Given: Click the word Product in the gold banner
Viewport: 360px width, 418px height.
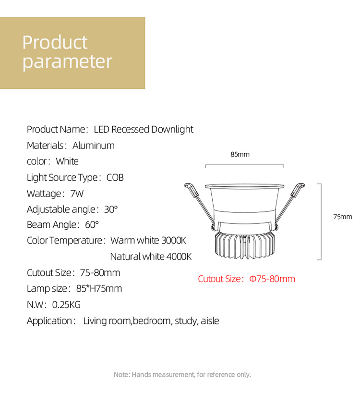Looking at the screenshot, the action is point(55,42).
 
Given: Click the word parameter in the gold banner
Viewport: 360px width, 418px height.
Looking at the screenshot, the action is point(67,62).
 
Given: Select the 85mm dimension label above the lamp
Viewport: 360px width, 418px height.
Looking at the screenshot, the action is point(240,154).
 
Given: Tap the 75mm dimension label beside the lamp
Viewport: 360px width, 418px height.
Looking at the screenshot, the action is point(343,217).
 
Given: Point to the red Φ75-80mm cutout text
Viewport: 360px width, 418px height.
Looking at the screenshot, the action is point(272,279).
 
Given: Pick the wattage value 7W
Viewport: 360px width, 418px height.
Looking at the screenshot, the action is point(77,194).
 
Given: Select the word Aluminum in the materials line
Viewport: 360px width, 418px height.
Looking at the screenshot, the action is point(94,146).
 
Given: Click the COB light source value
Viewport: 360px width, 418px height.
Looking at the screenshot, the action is point(115,178).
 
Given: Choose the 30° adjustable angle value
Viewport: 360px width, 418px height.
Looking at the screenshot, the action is point(111,209).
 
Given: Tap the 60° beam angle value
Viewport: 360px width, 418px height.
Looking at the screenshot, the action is point(92,225).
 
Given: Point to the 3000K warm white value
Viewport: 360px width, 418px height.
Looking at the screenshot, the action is point(174,240).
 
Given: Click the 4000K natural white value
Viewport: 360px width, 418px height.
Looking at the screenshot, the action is point(179,257).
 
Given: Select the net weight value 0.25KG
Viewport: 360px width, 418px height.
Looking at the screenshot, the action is point(66,305).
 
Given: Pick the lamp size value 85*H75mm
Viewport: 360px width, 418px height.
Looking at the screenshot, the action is point(99,288).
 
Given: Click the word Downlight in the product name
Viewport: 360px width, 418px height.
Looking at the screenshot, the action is point(172,129).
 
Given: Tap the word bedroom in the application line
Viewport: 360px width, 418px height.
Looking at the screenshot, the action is point(152,320).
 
